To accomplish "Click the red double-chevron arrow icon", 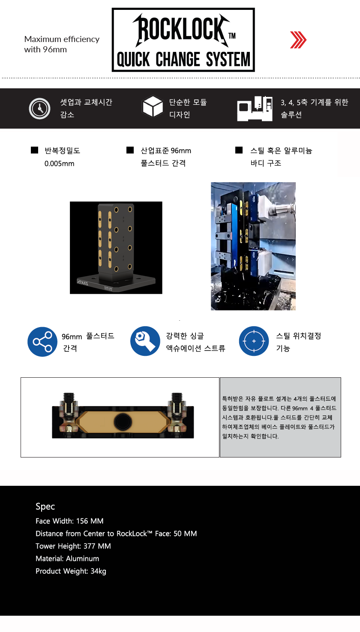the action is click(x=298, y=40).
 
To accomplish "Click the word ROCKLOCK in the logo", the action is click(x=181, y=29).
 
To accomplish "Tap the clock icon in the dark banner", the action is click(x=39, y=108).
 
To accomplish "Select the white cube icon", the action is click(x=153, y=107).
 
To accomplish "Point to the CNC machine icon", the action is click(x=255, y=108).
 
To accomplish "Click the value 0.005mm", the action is click(x=59, y=164).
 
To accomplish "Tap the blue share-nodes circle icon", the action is click(x=42, y=342).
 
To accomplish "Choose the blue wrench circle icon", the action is click(x=145, y=341).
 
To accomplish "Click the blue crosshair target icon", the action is click(x=254, y=341).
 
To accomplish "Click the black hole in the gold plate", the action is click(x=123, y=421).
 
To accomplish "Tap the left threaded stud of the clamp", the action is click(x=69, y=412).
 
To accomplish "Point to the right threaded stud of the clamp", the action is click(x=177, y=412).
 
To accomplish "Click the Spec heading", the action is click(x=45, y=506).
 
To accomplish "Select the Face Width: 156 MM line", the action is click(x=69, y=521).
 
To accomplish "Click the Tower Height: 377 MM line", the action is click(x=73, y=546).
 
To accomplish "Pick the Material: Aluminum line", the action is click(x=67, y=559).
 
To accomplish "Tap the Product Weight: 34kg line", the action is click(x=71, y=571).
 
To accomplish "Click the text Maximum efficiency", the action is click(x=62, y=39).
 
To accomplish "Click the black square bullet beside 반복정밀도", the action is click(x=34, y=150).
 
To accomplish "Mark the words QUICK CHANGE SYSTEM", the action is click(x=183, y=59).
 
